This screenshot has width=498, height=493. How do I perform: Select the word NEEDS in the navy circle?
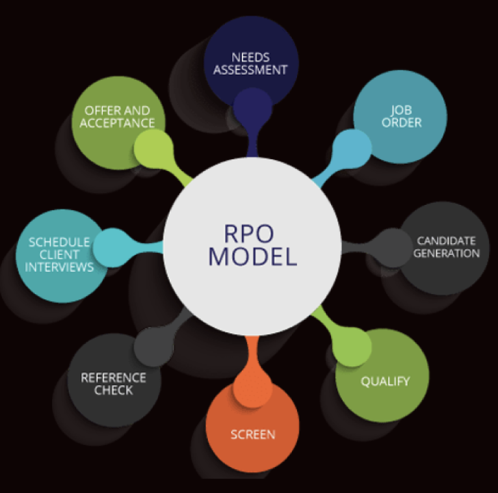(250, 57)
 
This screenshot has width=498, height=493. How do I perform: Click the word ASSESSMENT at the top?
(250, 70)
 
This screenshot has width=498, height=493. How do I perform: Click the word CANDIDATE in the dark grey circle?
(446, 241)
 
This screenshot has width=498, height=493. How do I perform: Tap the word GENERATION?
(446, 253)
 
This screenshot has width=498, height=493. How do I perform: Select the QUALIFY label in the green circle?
(386, 381)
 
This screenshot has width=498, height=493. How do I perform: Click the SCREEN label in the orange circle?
(253, 434)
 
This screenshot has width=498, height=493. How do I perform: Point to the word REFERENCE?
(113, 378)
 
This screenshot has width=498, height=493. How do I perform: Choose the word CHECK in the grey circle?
(113, 390)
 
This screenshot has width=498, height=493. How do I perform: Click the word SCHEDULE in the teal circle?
(59, 243)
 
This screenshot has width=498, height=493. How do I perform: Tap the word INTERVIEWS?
(61, 267)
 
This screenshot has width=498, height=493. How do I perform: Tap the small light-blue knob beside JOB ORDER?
(352, 147)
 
